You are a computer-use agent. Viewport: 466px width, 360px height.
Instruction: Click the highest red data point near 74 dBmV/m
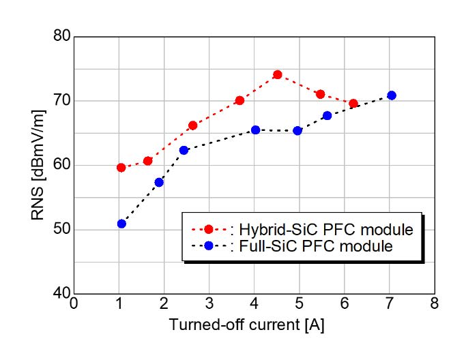coord(278,74)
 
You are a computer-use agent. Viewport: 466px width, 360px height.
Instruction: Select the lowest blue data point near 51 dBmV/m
coord(121,224)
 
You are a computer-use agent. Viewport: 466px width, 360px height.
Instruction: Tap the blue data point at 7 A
coord(391,95)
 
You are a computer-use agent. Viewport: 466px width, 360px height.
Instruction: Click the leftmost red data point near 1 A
coord(121,167)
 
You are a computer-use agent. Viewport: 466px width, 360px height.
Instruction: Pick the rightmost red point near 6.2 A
coord(353,104)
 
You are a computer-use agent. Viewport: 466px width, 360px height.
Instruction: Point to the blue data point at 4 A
coord(255,130)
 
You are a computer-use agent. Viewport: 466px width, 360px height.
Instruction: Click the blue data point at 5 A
coord(297,130)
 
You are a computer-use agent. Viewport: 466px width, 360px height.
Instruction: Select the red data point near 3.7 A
coord(239,100)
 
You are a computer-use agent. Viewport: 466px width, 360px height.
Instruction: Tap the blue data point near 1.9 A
coord(159,182)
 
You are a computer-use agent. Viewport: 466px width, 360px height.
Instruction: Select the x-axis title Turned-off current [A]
coord(246,325)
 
